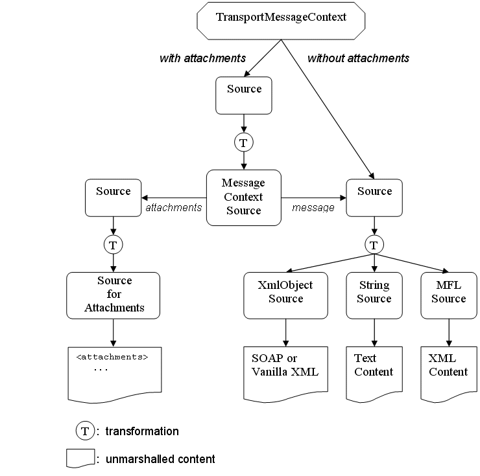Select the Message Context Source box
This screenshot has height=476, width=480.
[x=244, y=198]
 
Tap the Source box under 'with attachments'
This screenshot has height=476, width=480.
[x=244, y=95]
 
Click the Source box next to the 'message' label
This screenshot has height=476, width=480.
[x=374, y=198]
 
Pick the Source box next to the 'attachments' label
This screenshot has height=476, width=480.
[x=113, y=198]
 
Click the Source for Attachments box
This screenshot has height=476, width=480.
[x=114, y=295]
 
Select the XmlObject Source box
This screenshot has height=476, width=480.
[x=285, y=295]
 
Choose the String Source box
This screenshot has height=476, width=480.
[x=374, y=295]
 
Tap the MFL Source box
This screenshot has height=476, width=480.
[x=448, y=295]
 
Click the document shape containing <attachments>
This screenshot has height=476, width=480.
[x=114, y=373]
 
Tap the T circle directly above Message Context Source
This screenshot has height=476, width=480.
[x=244, y=142]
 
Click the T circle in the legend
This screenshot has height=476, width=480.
[x=84, y=431]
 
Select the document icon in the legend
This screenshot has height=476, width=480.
[x=80, y=458]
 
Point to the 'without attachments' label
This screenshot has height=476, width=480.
[x=358, y=58]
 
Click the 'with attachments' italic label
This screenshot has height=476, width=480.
[x=202, y=58]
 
